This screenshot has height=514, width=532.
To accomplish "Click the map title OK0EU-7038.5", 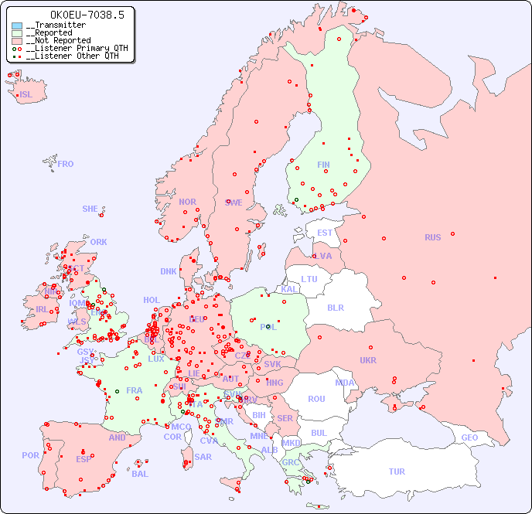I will [71, 15].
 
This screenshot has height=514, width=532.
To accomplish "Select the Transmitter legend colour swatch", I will [17, 26].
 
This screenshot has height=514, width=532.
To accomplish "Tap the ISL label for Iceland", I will [26, 95].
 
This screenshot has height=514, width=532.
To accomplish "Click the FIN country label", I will [323, 165].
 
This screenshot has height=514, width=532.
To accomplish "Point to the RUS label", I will [432, 237].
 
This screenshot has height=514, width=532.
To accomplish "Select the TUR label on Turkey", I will [397, 471].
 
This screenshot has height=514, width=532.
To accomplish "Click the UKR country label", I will [368, 360].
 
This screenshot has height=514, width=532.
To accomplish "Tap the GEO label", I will [469, 437].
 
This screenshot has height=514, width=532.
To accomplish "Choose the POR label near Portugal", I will [30, 455].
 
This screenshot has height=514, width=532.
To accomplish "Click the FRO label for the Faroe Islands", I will [66, 164].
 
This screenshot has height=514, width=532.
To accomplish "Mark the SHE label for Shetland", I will [90, 209].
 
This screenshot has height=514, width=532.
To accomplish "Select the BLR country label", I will [335, 307].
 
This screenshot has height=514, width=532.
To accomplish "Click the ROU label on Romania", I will [316, 399].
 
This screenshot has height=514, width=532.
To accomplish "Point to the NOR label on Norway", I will [187, 202].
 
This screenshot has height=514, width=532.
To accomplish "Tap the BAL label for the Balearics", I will [140, 474].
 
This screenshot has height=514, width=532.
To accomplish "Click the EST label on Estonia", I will [325, 233].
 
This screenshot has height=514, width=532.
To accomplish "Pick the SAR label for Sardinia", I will [203, 457].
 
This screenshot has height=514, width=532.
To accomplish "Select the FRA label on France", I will [135, 390].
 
